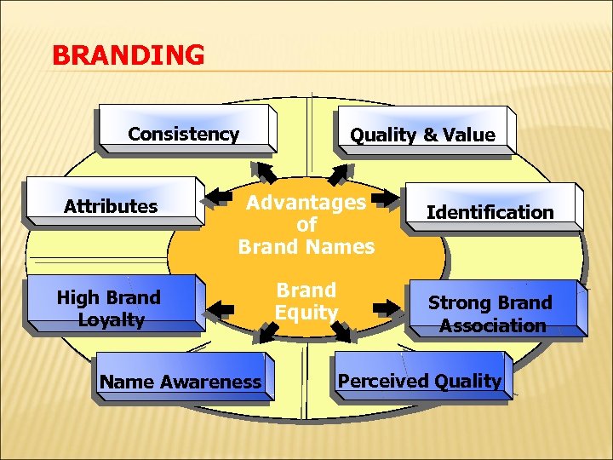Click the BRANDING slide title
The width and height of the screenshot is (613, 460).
click(128, 55)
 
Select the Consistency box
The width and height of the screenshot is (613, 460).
click(184, 134)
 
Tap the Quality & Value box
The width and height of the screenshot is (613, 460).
click(422, 135)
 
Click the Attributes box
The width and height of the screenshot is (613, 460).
click(111, 205)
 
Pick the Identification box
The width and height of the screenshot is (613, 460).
click(490, 211)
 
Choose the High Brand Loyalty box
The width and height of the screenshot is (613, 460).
click(108, 308)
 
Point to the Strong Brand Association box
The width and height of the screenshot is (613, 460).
click(490, 313)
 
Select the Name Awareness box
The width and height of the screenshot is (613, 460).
click(180, 382)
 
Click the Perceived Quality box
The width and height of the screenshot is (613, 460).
click(420, 381)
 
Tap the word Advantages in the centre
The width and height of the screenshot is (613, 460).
click(306, 203)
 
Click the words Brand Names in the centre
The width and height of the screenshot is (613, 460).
click(306, 247)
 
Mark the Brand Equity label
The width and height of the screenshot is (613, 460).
click(306, 301)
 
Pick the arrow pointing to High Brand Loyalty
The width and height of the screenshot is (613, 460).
click(224, 307)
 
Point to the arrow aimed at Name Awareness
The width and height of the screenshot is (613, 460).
click(266, 334)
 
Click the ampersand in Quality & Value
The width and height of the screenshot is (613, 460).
click(431, 135)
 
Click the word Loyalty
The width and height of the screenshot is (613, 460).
click(111, 320)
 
